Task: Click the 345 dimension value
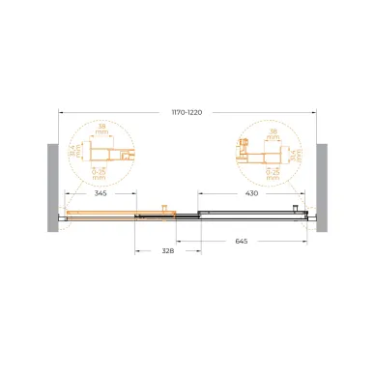[101, 194]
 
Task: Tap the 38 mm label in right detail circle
[272, 129]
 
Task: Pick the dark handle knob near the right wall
[295, 207]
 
